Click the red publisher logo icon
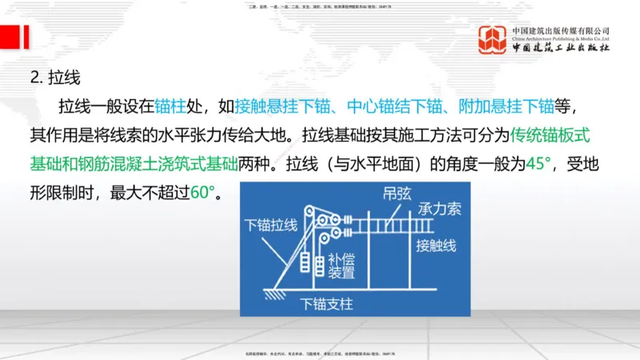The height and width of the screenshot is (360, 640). coord(493,40)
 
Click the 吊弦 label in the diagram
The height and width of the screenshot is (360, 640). coord(394,195)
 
